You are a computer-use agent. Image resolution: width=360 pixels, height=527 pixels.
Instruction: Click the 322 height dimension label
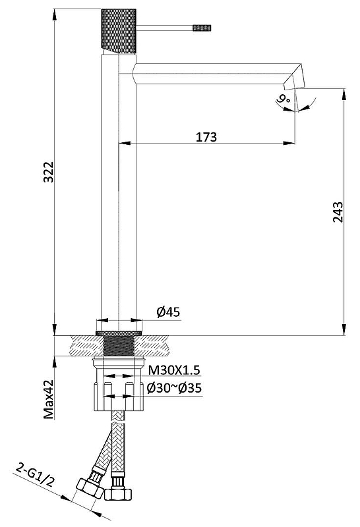pyautogui.click(x=49, y=172)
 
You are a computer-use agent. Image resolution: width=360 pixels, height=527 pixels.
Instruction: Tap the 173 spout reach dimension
pyautogui.click(x=206, y=137)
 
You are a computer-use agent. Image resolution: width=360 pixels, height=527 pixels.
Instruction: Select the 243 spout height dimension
pyautogui.click(x=338, y=211)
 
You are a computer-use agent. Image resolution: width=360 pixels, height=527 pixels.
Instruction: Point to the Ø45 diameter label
pyautogui.click(x=168, y=312)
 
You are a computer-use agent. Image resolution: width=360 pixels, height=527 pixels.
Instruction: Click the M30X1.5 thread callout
pyautogui.click(x=174, y=370)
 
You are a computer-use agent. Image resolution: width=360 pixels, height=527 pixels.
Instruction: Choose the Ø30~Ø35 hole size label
pyautogui.click(x=174, y=388)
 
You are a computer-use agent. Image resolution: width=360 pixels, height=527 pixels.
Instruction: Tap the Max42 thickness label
pyautogui.click(x=49, y=399)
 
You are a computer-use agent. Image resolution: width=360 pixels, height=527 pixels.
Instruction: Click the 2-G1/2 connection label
pyautogui.click(x=35, y=475)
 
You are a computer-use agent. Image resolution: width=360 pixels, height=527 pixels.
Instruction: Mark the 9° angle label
pyautogui.click(x=283, y=99)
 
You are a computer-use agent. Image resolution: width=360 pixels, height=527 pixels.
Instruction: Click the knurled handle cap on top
pyautogui.click(x=119, y=31)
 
